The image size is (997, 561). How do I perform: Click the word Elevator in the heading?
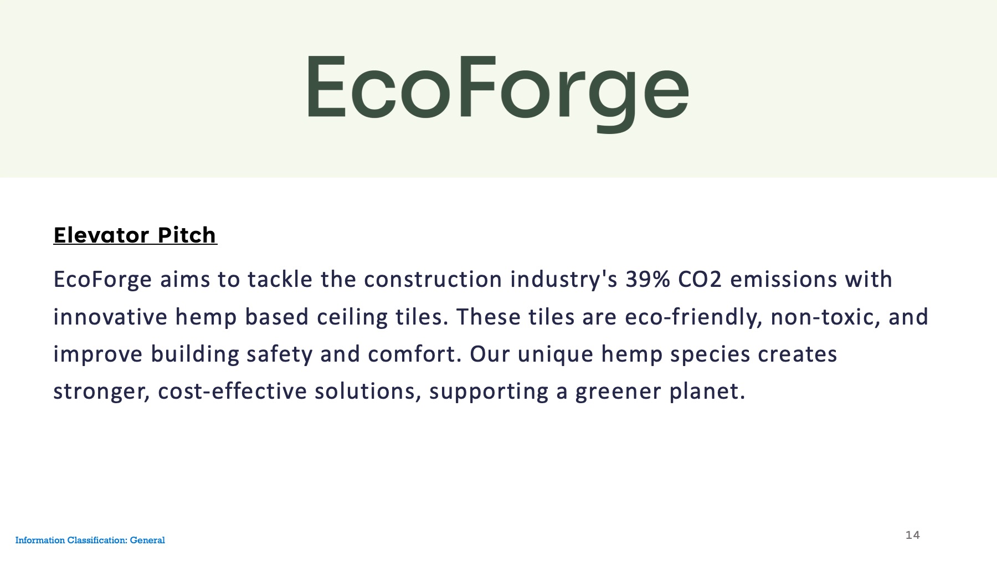pyautogui.click(x=101, y=235)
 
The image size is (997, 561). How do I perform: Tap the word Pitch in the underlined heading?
pyautogui.click(x=187, y=235)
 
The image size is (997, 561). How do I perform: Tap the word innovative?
pyautogui.click(x=110, y=317)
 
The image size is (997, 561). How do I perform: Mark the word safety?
pyautogui.click(x=280, y=355)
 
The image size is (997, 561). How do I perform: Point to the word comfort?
pyautogui.click(x=414, y=354)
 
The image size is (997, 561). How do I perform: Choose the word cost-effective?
pyautogui.click(x=232, y=392)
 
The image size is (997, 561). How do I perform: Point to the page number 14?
pyautogui.click(x=912, y=535)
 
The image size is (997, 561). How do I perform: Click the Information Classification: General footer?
pyautogui.click(x=90, y=540)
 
